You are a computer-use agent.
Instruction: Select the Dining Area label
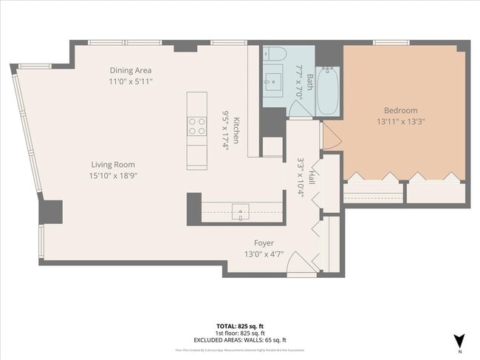pos(131,70)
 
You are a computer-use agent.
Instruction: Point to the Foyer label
pos(264,243)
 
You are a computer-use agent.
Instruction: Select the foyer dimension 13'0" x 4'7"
pos(264,254)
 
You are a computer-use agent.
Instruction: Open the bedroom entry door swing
pos(329,135)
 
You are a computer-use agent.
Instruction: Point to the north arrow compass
pos(459,340)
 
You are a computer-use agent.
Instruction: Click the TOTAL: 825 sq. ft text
pos(240,325)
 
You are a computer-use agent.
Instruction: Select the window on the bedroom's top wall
pos(391,42)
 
